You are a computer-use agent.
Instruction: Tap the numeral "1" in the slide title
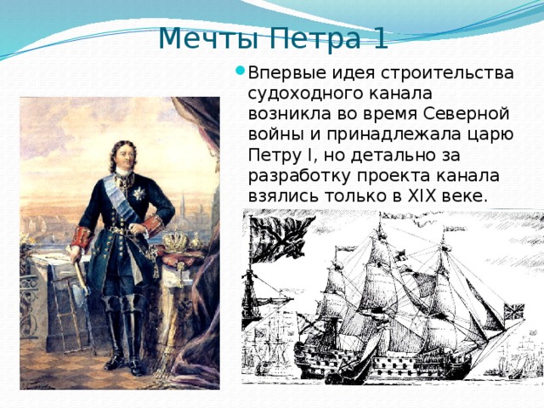click(x=380, y=37)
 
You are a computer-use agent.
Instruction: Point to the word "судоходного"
click(x=302, y=93)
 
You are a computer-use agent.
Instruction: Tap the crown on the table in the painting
click(x=176, y=241)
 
